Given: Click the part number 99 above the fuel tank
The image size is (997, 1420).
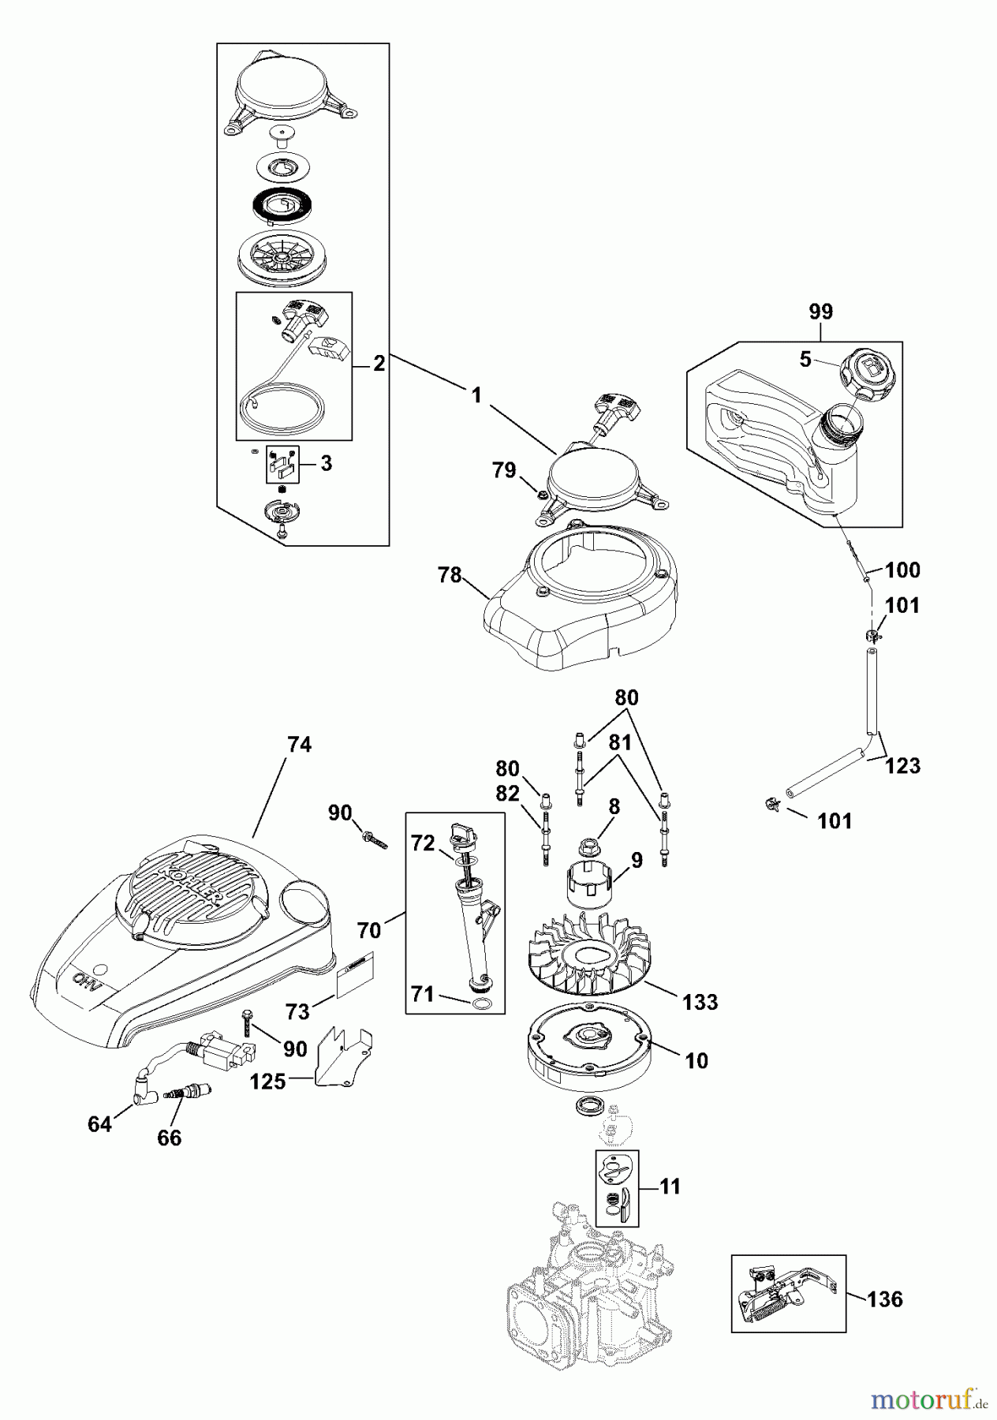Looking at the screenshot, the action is pos(820,312).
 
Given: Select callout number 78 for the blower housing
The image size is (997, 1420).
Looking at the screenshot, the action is pos(450,575).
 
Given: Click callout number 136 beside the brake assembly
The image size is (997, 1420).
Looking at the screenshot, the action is pos(884,1299).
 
